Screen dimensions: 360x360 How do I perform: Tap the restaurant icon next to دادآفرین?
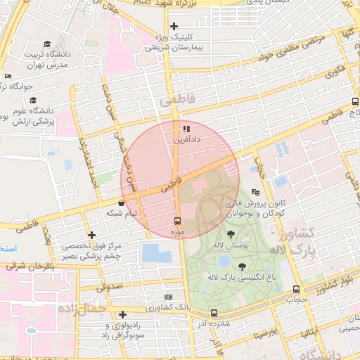click(x=186, y=129)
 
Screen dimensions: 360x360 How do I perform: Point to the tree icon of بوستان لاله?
click(x=231, y=234)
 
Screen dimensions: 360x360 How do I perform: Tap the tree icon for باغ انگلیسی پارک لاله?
click(x=243, y=266)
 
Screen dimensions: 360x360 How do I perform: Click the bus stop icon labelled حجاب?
click(x=296, y=289)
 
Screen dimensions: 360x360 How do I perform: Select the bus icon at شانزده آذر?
click(x=214, y=314)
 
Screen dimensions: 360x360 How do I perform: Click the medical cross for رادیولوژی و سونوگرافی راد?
click(x=123, y=314)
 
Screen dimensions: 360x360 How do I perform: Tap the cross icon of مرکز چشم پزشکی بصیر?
click(x=91, y=235)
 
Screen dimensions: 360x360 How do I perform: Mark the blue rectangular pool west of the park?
click(x=155, y=252)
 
